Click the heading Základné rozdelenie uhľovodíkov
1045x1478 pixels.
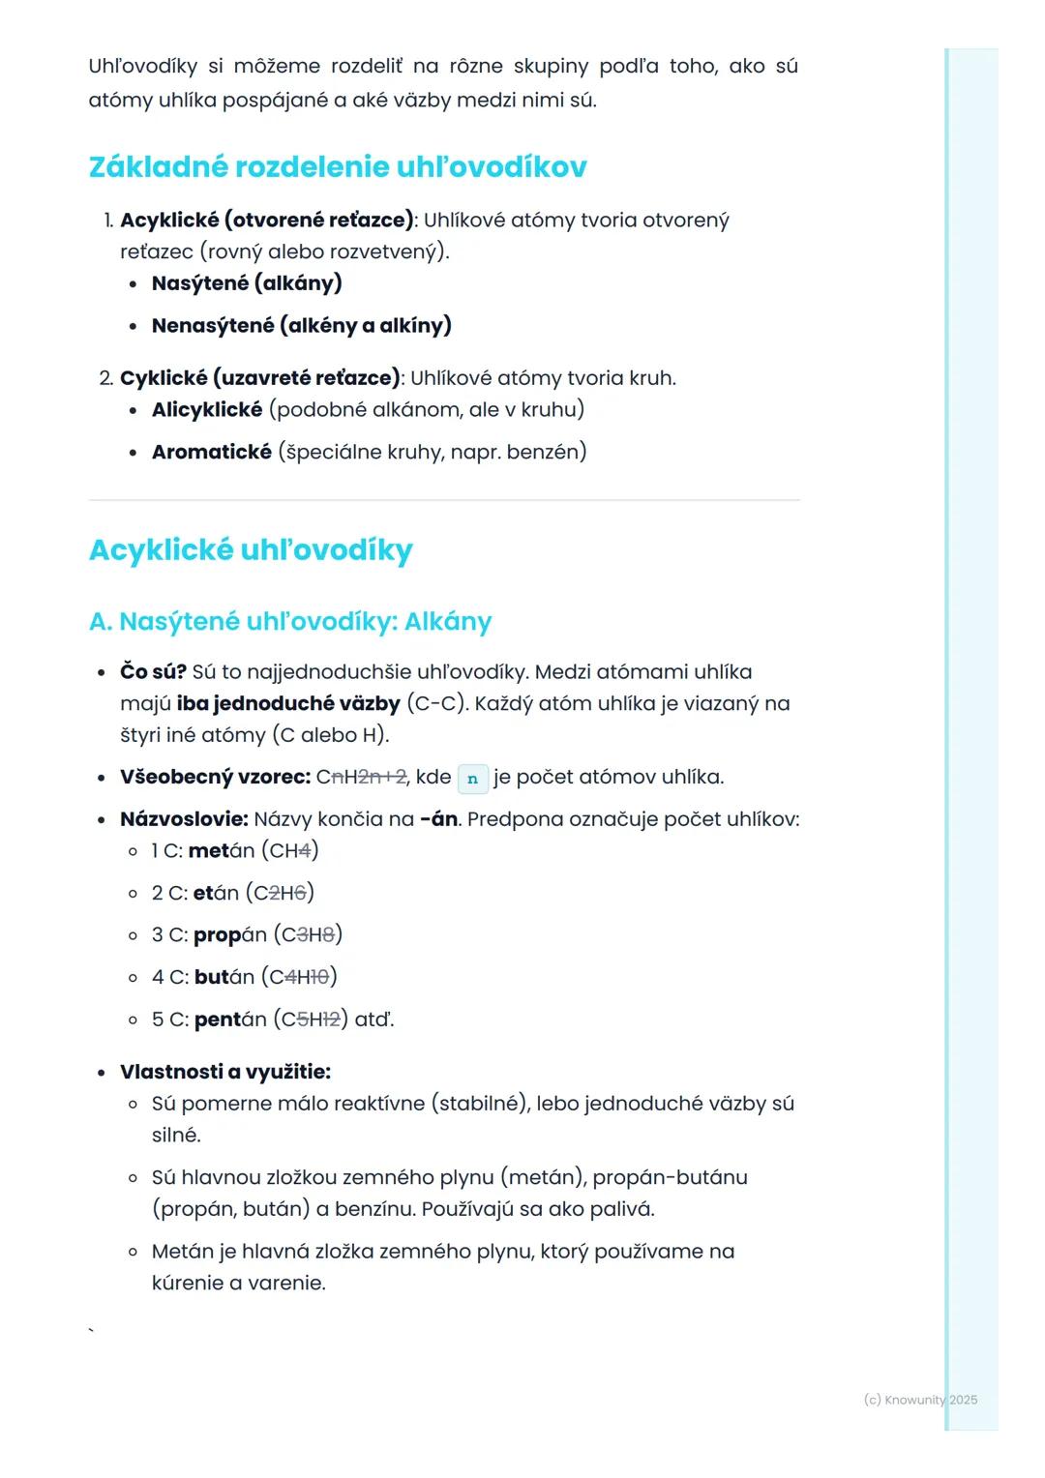tap(337, 167)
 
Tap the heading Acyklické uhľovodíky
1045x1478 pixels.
tap(251, 549)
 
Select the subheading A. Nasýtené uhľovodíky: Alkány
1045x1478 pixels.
tap(290, 621)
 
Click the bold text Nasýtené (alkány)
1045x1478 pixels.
tap(247, 283)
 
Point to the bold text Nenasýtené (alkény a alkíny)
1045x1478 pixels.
tap(301, 325)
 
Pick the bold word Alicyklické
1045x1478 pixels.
tap(207, 410)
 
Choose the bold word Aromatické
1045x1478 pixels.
tap(211, 452)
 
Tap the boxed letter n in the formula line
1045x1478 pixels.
tap(472, 778)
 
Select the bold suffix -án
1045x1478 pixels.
tap(438, 819)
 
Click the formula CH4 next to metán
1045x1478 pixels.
tap(290, 851)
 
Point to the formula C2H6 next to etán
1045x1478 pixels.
tap(282, 893)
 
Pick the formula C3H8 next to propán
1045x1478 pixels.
tap(309, 935)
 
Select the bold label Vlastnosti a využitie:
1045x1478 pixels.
tap(225, 1072)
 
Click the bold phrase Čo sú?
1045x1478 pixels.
tap(153, 671)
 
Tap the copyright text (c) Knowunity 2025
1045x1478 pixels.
tap(919, 1400)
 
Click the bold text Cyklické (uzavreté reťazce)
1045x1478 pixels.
tap(259, 378)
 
